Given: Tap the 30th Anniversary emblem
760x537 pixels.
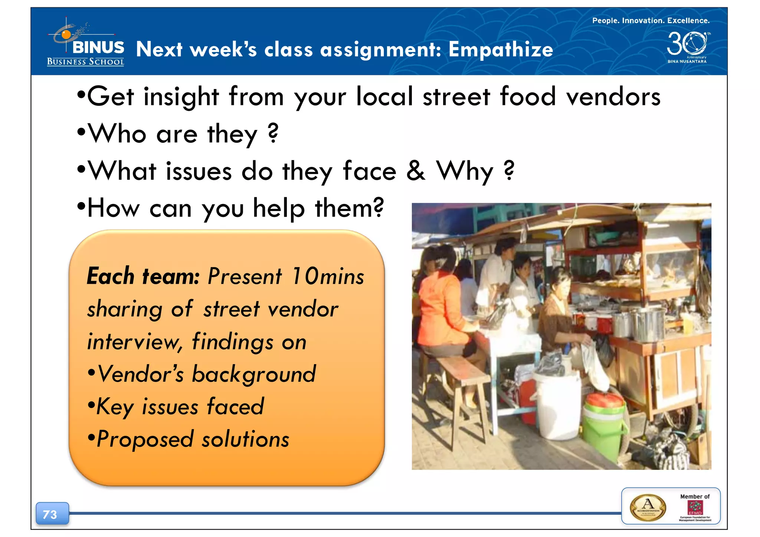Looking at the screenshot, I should pyautogui.click(x=687, y=46).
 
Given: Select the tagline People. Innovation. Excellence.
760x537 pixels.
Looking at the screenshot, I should pyautogui.click(x=651, y=21).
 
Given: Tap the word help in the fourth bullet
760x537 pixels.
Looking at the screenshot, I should pyautogui.click(x=279, y=209).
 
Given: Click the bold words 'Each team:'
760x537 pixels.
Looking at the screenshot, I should pyautogui.click(x=143, y=276).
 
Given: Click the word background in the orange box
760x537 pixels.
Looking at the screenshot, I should pyautogui.click(x=254, y=374).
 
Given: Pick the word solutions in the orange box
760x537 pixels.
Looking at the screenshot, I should pyautogui.click(x=245, y=439).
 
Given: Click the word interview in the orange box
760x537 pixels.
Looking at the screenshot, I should pyautogui.click(x=134, y=342).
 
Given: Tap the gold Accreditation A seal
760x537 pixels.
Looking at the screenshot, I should pyautogui.click(x=648, y=507).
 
